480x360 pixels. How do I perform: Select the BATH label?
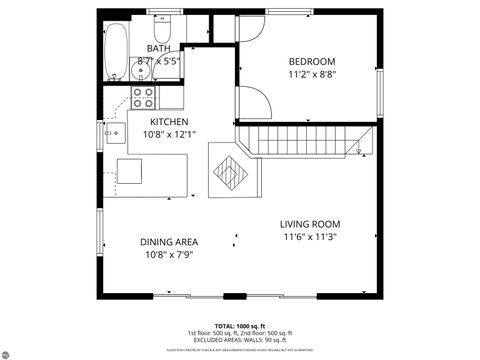click(x=159, y=48)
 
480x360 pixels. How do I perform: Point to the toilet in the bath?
click(x=165, y=23)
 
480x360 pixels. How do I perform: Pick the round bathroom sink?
click(x=142, y=72)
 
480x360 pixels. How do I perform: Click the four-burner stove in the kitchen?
click(x=144, y=98)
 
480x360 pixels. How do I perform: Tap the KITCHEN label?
click(x=169, y=122)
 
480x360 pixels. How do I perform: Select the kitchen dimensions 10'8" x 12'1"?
click(x=169, y=134)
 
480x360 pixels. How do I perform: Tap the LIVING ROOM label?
click(x=310, y=224)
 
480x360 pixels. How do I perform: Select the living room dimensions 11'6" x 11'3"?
click(x=310, y=237)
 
